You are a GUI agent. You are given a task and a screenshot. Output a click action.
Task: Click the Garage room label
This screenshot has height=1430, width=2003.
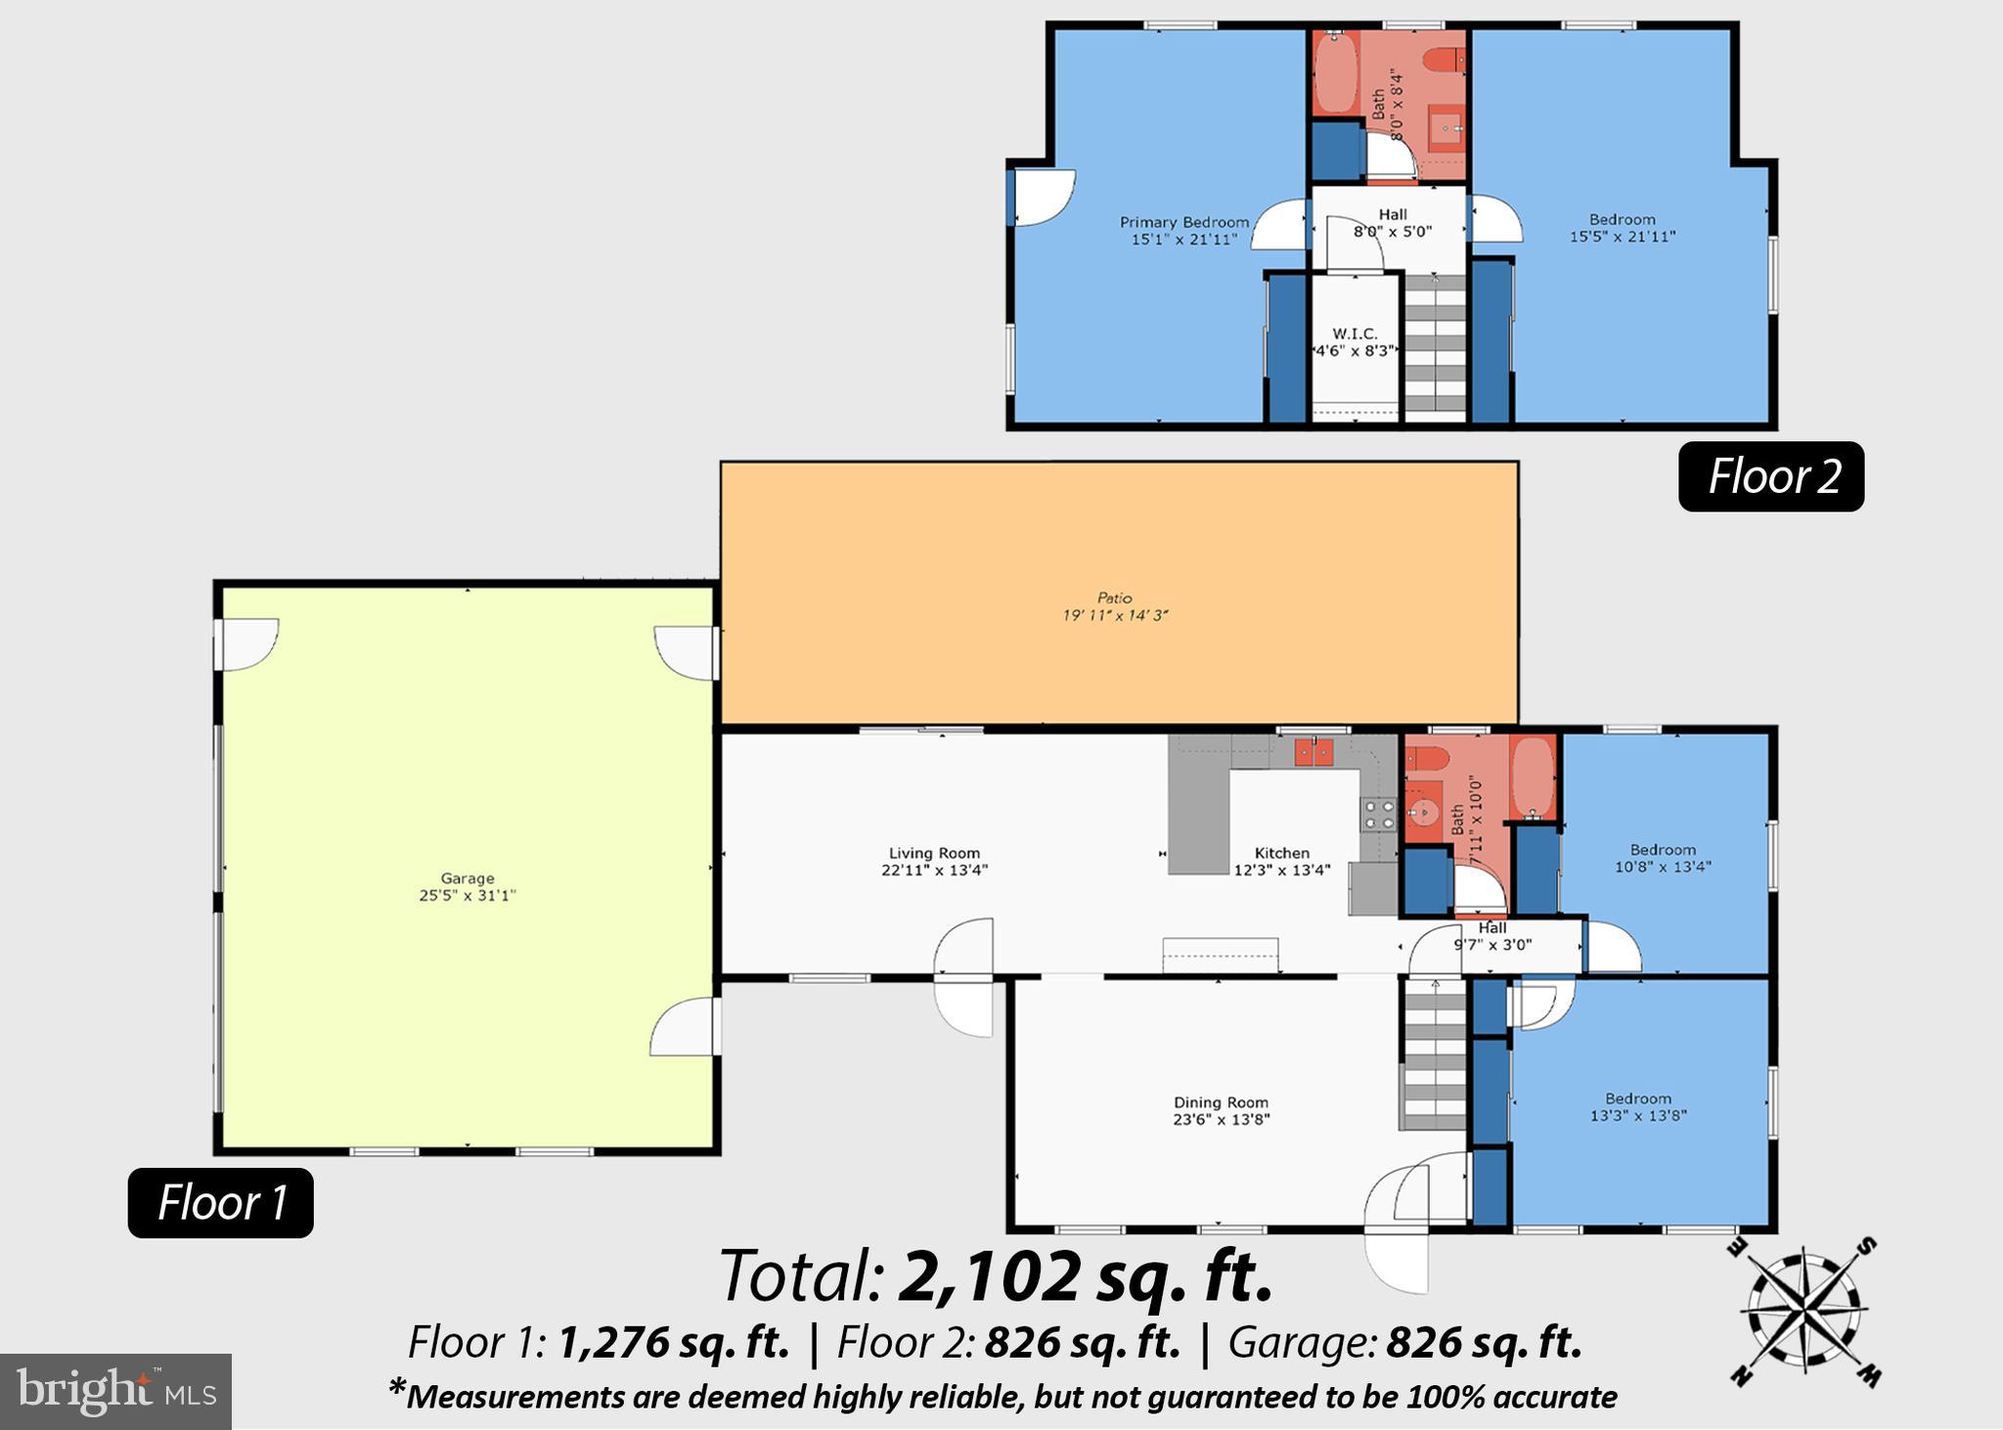click(467, 878)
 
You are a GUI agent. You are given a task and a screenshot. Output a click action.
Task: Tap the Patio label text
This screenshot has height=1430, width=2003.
click(1114, 598)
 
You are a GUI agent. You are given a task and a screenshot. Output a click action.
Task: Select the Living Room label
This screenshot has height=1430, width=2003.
click(934, 853)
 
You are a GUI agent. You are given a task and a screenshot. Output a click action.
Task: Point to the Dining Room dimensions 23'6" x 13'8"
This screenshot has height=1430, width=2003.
click(1221, 1120)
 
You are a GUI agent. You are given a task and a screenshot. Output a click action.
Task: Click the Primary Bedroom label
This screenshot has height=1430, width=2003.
click(1184, 222)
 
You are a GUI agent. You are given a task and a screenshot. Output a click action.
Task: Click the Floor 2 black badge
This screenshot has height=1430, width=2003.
click(1771, 476)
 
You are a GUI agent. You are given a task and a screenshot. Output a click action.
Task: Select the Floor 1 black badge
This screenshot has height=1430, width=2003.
click(221, 1202)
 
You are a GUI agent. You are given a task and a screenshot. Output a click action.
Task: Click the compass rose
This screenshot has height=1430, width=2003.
click(1804, 1312)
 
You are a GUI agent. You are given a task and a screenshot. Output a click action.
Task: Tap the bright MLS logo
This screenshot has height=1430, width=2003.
click(115, 1391)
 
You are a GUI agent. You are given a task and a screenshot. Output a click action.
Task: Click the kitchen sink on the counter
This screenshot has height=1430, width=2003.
click(1313, 752)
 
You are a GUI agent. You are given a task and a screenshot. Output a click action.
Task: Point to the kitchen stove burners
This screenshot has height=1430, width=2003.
click(1379, 814)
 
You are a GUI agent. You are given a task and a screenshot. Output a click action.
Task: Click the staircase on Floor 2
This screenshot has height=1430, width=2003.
click(1435, 347)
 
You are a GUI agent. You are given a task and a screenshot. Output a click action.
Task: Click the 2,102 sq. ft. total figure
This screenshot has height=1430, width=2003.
click(1086, 1276)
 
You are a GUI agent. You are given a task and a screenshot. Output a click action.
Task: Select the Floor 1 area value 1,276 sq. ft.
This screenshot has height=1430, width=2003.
click(673, 1343)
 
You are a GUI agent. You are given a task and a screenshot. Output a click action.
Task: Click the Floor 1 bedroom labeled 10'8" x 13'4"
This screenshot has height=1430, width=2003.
click(1662, 858)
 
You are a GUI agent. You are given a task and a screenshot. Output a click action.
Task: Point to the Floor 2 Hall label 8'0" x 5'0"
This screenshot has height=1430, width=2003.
click(1393, 223)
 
